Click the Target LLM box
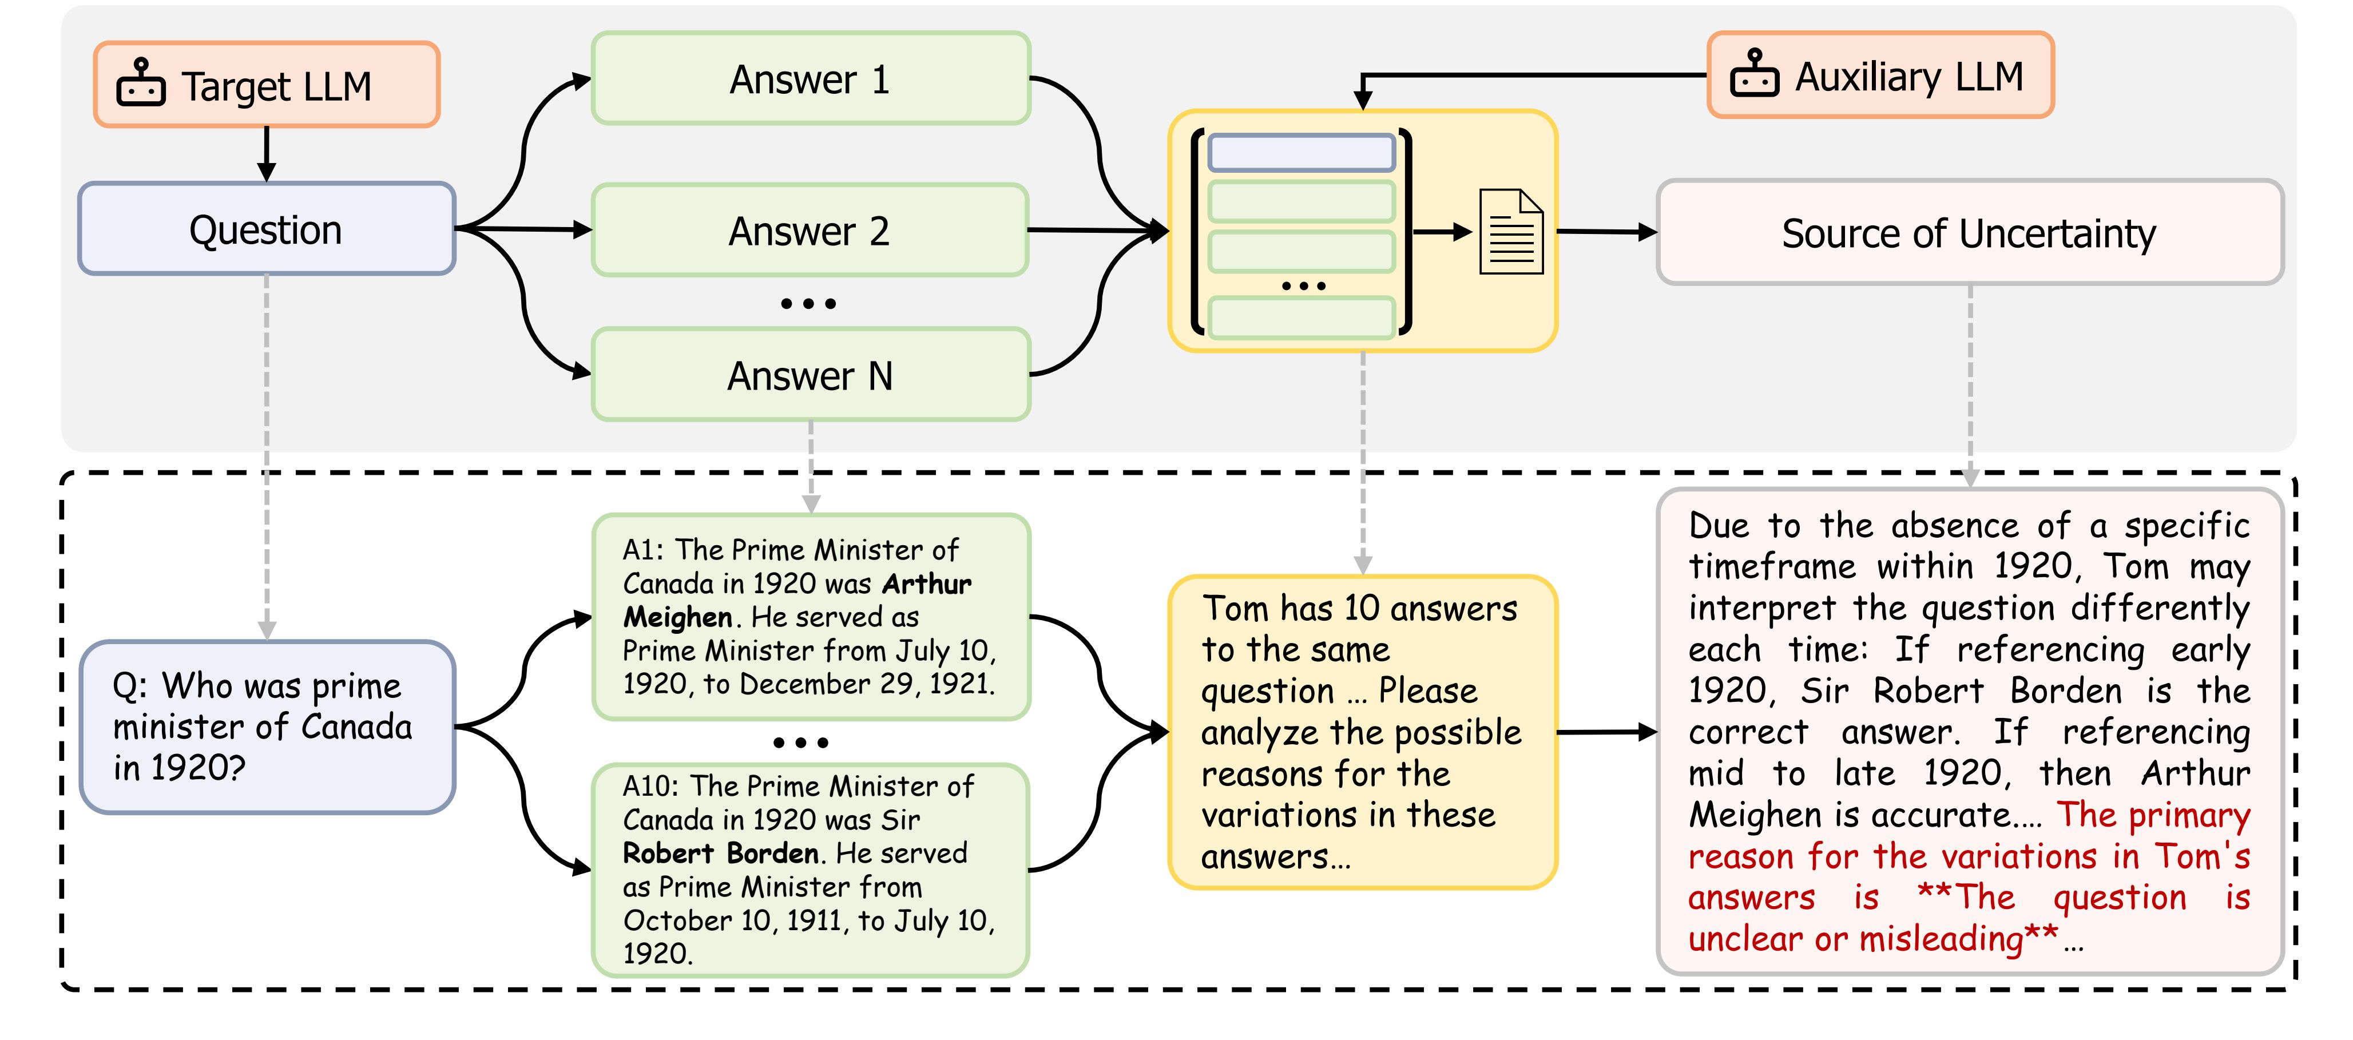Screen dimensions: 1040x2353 tap(267, 85)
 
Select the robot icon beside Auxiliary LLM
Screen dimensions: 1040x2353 tap(1754, 75)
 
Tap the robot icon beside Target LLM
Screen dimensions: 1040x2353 tap(141, 84)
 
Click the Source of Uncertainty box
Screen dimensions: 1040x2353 tap(1969, 233)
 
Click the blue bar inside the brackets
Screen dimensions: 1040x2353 tap(1301, 153)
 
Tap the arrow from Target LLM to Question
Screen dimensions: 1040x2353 tap(267, 153)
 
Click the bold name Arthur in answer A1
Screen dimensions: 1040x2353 tap(926, 583)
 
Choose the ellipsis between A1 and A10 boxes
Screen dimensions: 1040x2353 tap(801, 743)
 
